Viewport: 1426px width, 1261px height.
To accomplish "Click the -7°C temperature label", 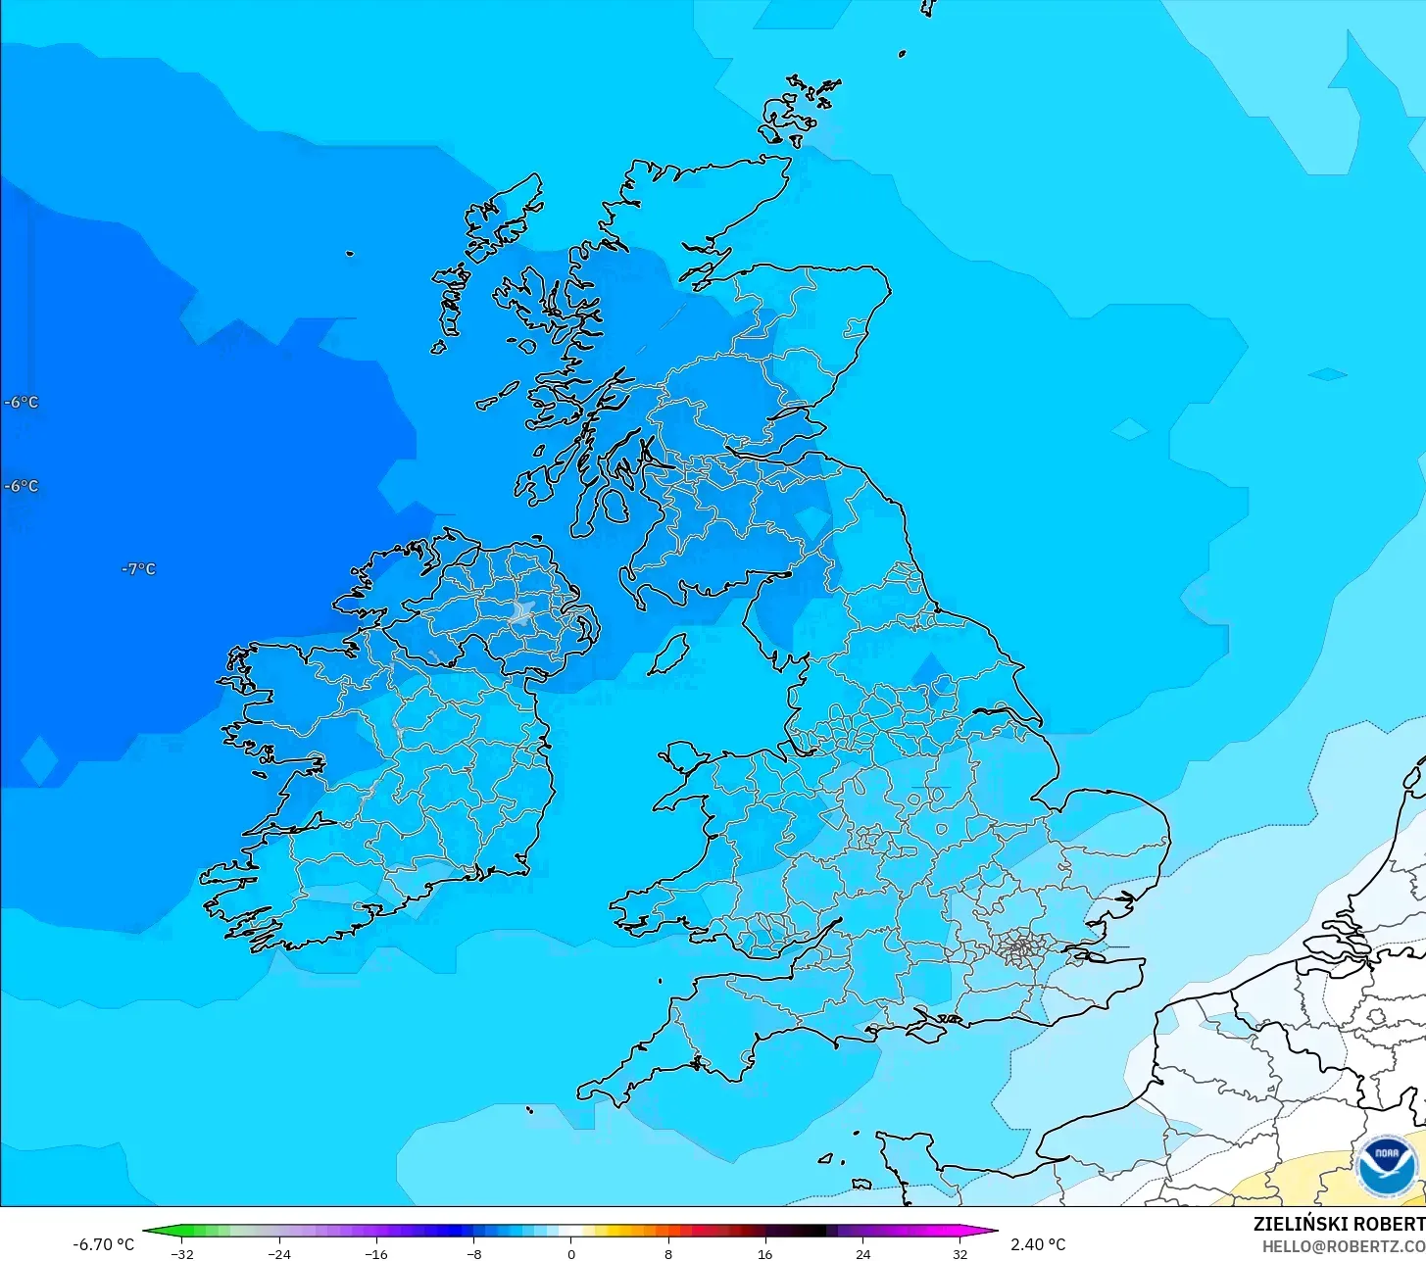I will point(138,569).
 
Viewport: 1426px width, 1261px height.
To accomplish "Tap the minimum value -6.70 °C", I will point(103,1244).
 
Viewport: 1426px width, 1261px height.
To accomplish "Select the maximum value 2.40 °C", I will point(1038,1244).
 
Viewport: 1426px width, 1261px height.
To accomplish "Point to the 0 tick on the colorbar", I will point(570,1253).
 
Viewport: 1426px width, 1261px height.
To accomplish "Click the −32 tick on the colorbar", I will point(181,1253).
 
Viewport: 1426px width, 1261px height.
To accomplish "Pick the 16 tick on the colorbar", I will point(764,1253).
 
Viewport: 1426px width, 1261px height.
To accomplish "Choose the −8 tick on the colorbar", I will point(473,1253).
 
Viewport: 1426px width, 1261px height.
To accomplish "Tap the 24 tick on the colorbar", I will point(862,1253).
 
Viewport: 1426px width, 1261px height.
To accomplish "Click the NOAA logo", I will point(1387,1166).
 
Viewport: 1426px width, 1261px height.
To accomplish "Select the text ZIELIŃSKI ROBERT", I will point(1338,1224).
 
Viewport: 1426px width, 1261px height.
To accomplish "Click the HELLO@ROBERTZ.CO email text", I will point(1343,1245).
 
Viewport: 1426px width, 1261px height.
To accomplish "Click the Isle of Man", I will point(668,653).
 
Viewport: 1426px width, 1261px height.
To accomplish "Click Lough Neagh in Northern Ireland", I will point(522,613).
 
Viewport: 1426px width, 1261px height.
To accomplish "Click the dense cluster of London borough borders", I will point(1020,947).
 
